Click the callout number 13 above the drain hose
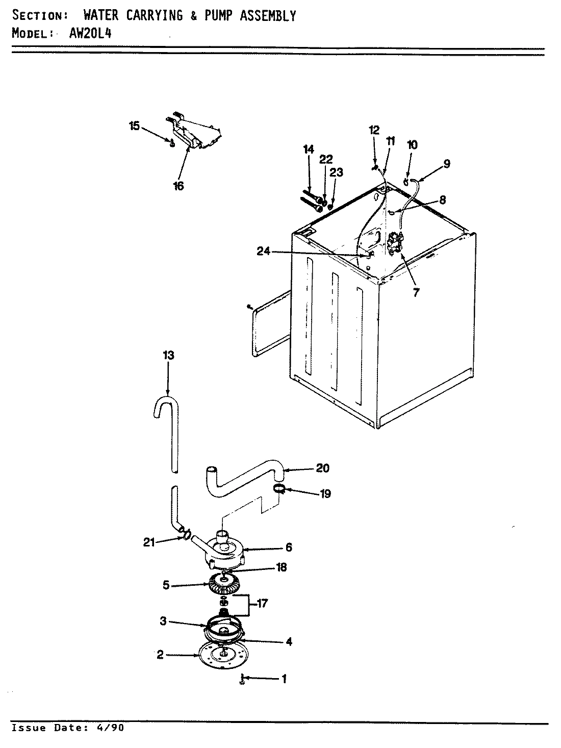click(x=168, y=355)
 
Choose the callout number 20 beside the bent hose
click(x=323, y=468)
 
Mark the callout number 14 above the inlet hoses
click(x=308, y=149)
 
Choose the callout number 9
click(x=446, y=164)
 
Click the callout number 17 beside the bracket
click(x=262, y=604)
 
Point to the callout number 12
click(x=374, y=130)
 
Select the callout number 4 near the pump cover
click(x=289, y=641)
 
